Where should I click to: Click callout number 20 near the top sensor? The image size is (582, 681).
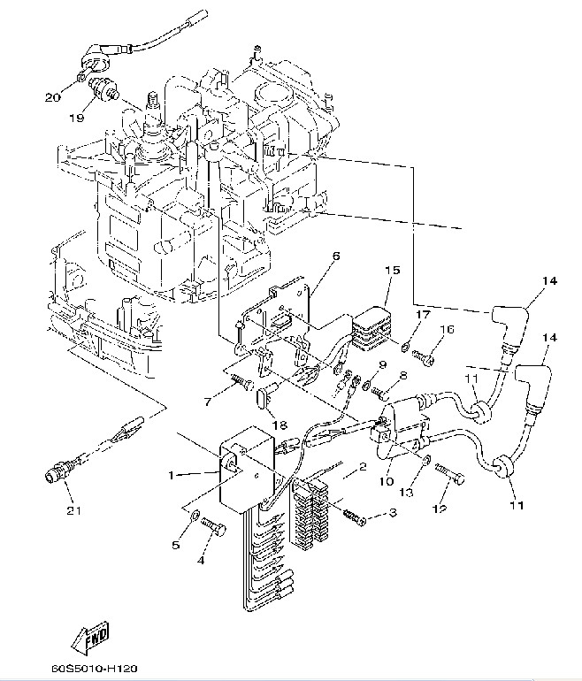[52, 96]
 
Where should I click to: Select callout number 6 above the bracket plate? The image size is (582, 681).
[336, 256]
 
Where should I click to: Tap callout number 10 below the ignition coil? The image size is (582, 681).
[386, 481]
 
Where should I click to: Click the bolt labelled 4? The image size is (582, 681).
[212, 528]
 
